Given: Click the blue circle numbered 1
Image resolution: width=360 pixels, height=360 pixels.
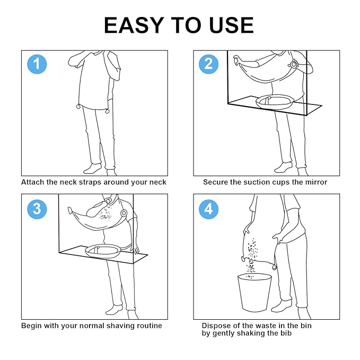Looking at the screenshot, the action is pos(37,64).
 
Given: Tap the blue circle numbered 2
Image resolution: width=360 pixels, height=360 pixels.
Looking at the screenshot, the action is pos(208,64).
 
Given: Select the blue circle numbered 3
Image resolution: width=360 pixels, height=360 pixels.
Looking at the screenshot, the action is pos(37,209).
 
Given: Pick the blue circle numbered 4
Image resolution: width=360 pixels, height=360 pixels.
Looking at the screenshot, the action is pos(208,209).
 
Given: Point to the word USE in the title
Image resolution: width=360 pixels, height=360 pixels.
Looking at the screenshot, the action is pos(231,25).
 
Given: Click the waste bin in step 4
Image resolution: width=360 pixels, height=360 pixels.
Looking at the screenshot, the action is pos(254,292).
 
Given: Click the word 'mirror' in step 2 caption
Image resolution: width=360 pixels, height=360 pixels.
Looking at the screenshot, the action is pos(316,182).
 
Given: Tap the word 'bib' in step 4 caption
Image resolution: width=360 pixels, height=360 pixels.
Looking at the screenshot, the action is pos(286,333).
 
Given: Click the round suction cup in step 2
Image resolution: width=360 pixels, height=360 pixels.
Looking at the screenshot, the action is pos(294,64).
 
